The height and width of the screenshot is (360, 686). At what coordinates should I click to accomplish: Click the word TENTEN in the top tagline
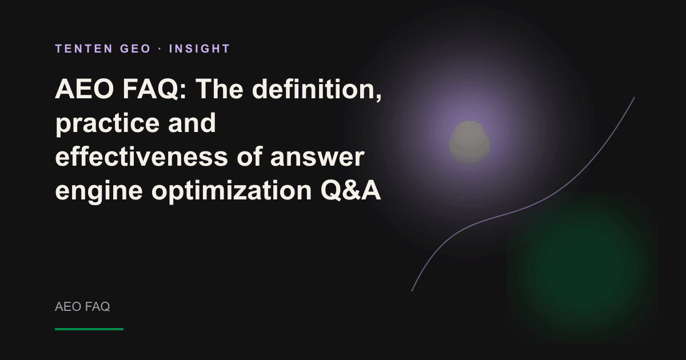(x=84, y=49)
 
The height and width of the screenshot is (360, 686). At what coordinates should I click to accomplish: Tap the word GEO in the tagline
(x=135, y=49)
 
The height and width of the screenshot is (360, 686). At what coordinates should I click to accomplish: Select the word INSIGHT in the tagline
(x=200, y=49)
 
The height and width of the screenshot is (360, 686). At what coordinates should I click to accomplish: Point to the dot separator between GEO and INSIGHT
(x=160, y=49)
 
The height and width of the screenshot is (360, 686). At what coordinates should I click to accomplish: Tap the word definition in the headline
(x=317, y=89)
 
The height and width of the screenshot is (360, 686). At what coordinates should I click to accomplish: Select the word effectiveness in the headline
(x=142, y=157)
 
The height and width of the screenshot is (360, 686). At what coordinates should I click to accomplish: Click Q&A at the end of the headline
(x=350, y=190)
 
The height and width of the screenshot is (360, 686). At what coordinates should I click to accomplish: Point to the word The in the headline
(x=220, y=89)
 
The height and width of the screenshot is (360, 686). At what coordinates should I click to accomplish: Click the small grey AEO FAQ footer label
(x=82, y=307)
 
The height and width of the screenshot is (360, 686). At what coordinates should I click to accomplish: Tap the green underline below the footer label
(x=89, y=329)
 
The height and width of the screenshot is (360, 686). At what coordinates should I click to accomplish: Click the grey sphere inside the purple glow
(x=469, y=145)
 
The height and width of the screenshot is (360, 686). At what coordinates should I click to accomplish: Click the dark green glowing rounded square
(x=583, y=268)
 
